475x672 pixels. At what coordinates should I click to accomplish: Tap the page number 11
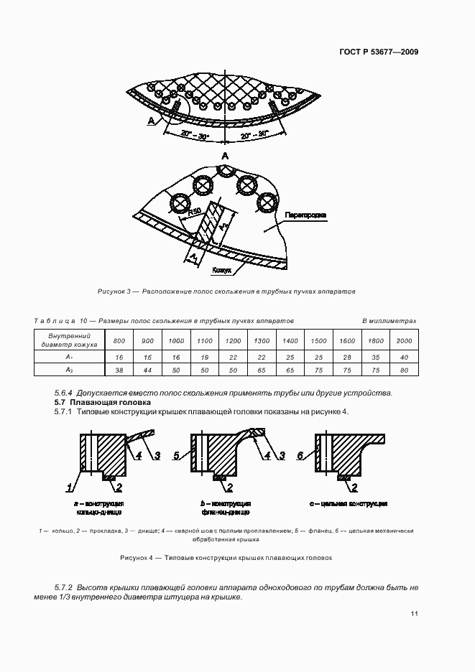[x=415, y=614]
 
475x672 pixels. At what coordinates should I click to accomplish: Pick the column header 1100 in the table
[x=205, y=340]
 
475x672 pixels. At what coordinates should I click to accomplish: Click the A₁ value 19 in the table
[x=205, y=357]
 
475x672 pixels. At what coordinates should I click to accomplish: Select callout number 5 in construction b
[x=177, y=455]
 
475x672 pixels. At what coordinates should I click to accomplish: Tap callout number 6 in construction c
[x=300, y=455]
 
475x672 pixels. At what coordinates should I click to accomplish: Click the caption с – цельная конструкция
[x=349, y=504]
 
